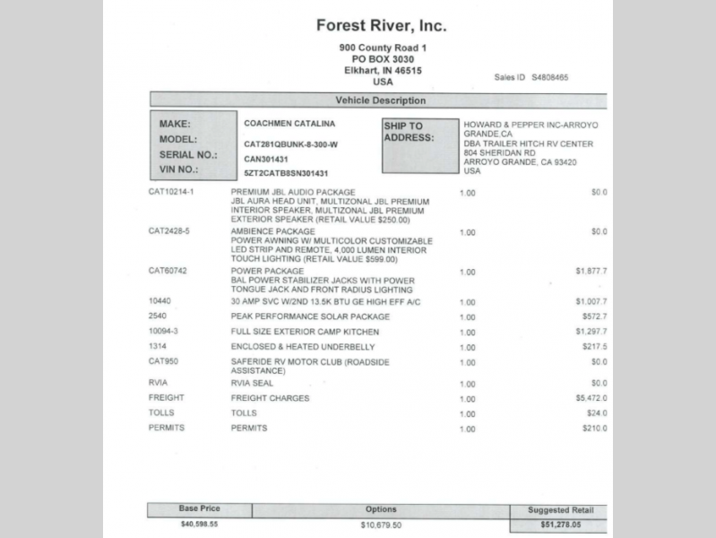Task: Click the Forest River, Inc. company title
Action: [x=382, y=26]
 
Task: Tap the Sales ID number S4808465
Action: [x=549, y=77]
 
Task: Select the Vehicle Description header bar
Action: [x=380, y=100]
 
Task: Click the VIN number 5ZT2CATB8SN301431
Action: [x=287, y=173]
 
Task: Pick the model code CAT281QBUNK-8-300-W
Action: [x=291, y=143]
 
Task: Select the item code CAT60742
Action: [x=168, y=270]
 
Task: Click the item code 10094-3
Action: [x=164, y=331]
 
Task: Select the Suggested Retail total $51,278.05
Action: [x=561, y=524]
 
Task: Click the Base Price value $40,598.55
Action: [x=199, y=524]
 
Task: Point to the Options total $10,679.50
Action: [x=381, y=525]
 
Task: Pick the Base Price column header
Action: [x=199, y=508]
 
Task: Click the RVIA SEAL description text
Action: [x=253, y=383]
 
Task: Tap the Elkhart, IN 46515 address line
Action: [x=383, y=70]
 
